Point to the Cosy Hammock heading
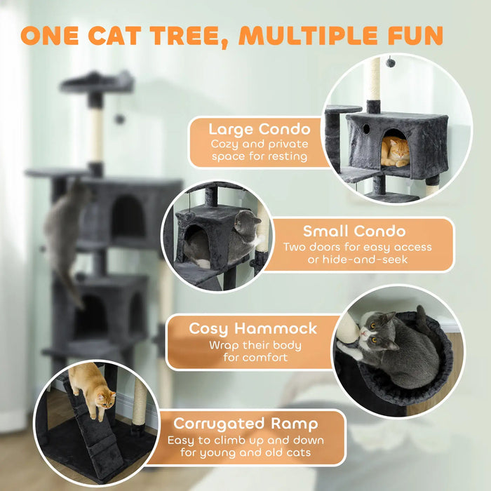[253, 328]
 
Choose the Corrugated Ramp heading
[245, 424]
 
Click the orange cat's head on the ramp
[105, 401]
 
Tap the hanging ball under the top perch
[119, 119]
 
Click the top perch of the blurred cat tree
[97, 82]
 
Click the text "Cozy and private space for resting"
[259, 150]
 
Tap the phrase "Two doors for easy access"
[357, 247]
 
